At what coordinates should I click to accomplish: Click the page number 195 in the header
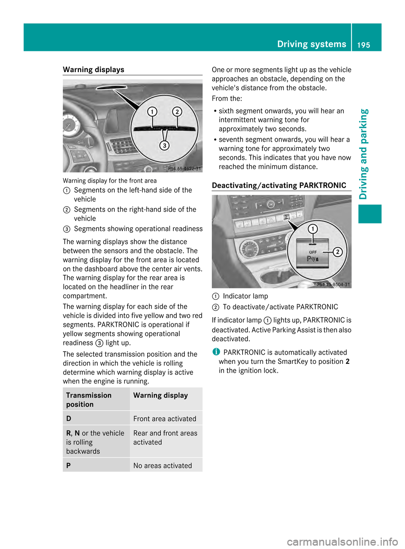[x=363, y=45]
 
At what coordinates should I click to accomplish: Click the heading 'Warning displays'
[x=94, y=70]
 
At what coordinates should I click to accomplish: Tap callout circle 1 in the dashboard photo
[x=152, y=111]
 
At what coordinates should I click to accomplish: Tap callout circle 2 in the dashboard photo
[x=177, y=111]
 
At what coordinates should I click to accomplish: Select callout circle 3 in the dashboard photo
[x=165, y=145]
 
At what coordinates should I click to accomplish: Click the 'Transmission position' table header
[x=89, y=400]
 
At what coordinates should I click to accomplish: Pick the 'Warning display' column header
[x=161, y=396]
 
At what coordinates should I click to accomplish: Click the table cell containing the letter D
[x=69, y=419]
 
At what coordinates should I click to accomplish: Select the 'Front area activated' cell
[x=165, y=419]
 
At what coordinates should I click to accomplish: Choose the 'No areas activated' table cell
[x=163, y=466]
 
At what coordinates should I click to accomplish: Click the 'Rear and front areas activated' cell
[x=165, y=438]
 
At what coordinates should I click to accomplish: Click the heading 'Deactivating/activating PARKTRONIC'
[x=279, y=186]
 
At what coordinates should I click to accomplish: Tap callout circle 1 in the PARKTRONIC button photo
[x=313, y=229]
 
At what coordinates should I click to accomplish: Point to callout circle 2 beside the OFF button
[x=338, y=252]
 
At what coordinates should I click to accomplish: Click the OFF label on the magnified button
[x=313, y=252]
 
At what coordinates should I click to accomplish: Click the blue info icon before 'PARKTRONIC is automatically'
[x=216, y=352]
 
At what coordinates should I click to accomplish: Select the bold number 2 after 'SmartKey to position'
[x=347, y=361]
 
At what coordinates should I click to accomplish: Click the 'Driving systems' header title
[x=311, y=44]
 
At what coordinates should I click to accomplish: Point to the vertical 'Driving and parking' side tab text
[x=364, y=154]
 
